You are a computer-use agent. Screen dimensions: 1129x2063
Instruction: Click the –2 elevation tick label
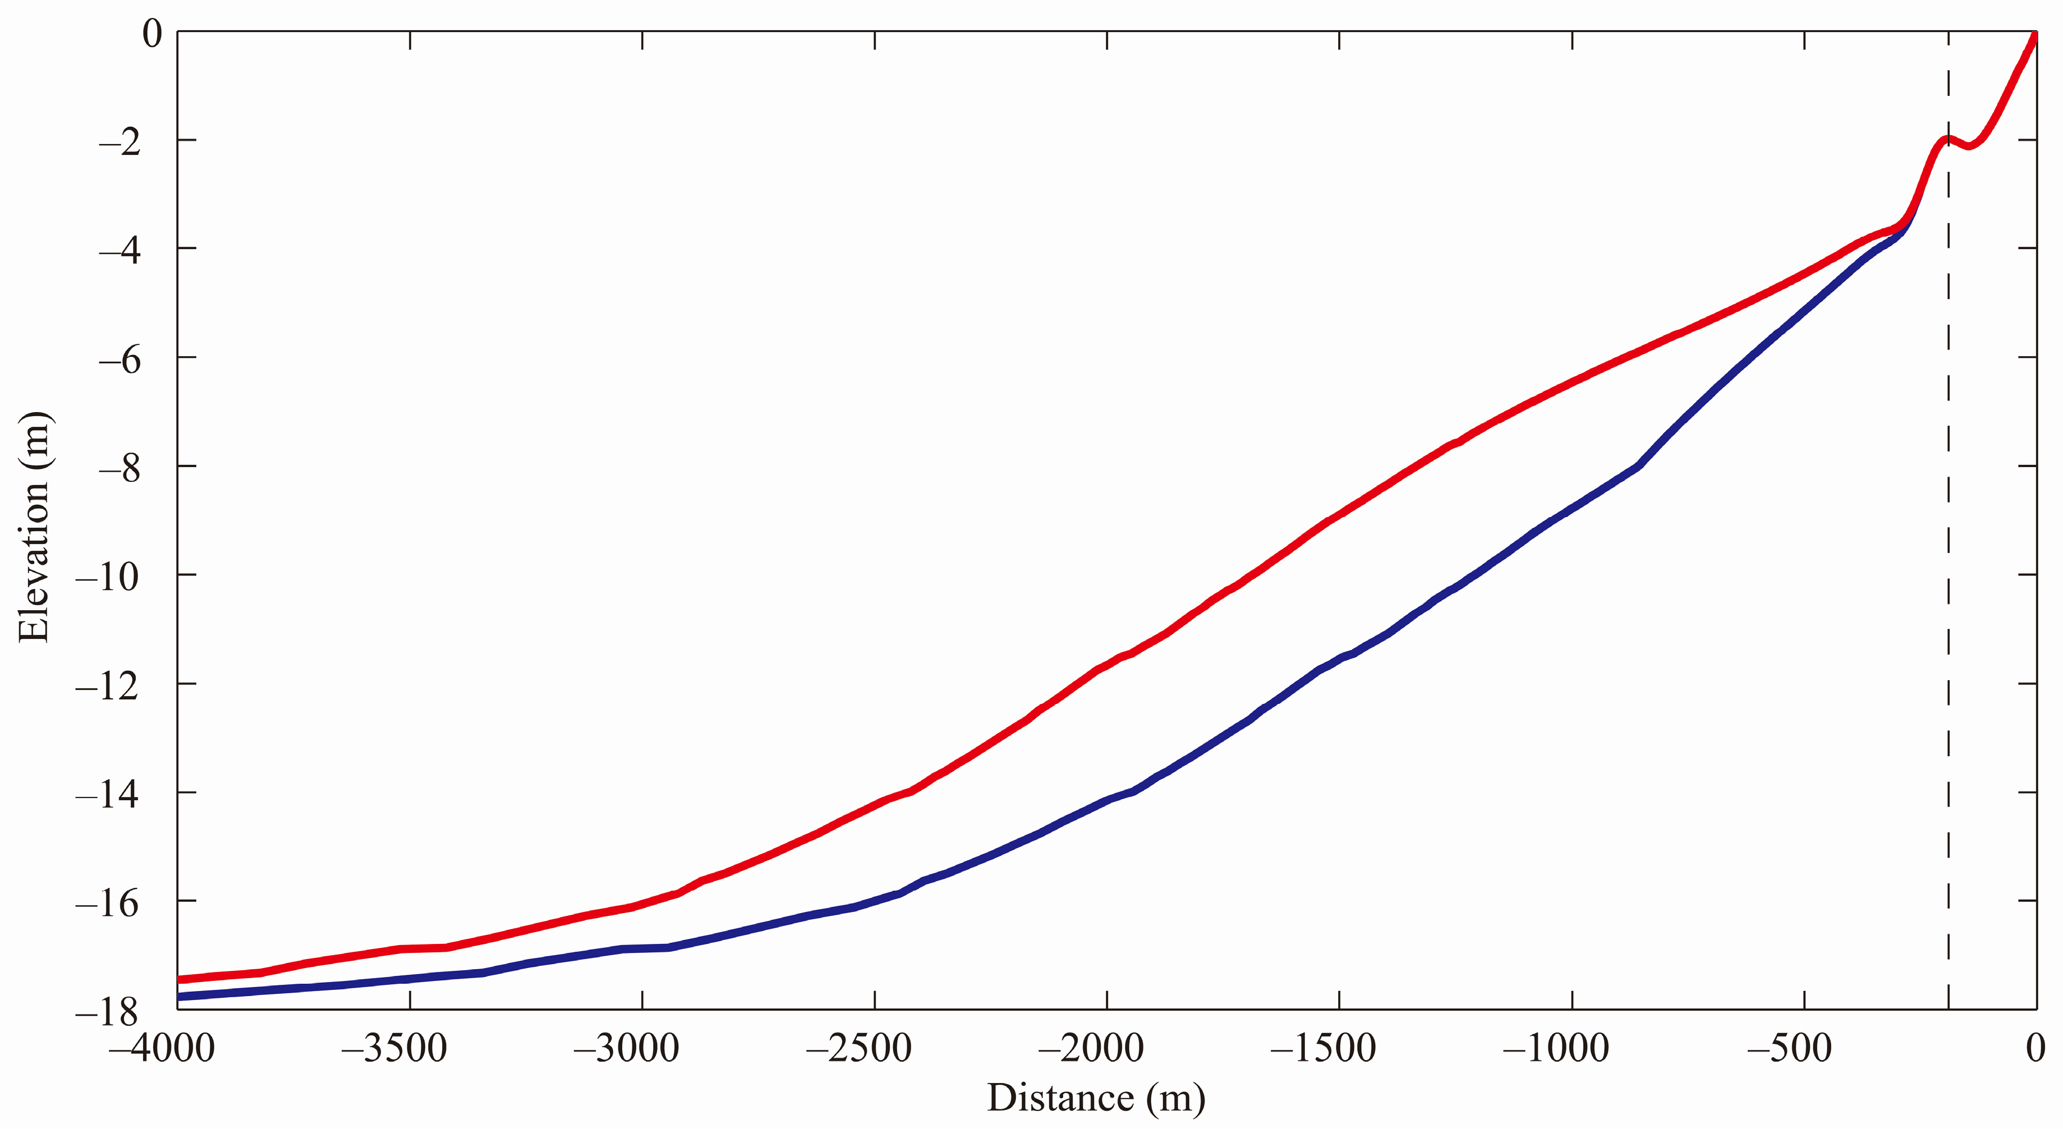[120, 142]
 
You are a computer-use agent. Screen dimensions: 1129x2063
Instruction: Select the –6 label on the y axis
[120, 360]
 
